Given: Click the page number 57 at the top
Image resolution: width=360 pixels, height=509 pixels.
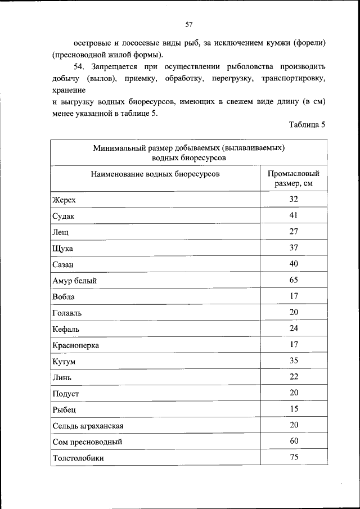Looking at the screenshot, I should pyautogui.click(x=189, y=24).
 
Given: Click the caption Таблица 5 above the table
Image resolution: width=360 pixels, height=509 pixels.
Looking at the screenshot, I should pyautogui.click(x=307, y=125).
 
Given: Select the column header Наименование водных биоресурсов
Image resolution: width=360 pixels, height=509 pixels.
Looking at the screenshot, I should pyautogui.click(x=155, y=174).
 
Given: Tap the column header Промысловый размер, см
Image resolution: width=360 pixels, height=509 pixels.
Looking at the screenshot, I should pyautogui.click(x=294, y=178).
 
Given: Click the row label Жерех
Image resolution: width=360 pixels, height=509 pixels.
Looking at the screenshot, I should pyautogui.click(x=64, y=200).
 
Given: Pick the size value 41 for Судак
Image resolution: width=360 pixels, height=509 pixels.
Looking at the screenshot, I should pyautogui.click(x=294, y=215).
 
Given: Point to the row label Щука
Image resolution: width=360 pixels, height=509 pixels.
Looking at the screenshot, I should pyautogui.click(x=62, y=248).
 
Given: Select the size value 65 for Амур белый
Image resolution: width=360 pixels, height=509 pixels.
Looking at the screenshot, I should pyautogui.click(x=294, y=280).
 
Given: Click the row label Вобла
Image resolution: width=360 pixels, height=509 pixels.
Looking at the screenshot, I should pyautogui.click(x=63, y=296).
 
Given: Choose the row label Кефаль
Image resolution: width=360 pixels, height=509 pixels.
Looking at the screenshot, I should pyautogui.click(x=66, y=328).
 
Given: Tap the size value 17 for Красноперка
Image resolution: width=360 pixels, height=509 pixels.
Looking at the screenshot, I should pyautogui.click(x=294, y=344).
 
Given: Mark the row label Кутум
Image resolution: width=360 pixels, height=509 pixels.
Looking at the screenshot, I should pyautogui.click(x=64, y=361).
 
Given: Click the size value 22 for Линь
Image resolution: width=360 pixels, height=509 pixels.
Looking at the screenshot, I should pyautogui.click(x=294, y=376).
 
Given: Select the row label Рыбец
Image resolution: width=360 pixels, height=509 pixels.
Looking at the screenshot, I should pyautogui.click(x=64, y=409).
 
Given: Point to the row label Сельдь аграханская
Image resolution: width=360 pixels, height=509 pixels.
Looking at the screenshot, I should pyautogui.click(x=88, y=425).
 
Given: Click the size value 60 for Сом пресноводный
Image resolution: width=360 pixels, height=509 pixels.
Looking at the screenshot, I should pyautogui.click(x=294, y=441).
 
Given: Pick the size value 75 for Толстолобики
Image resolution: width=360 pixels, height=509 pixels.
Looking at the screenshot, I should pyautogui.click(x=294, y=457).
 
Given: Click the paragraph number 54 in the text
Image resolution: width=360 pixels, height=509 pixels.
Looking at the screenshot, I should pyautogui.click(x=80, y=66).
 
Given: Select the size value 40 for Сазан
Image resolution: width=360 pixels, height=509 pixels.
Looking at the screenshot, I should pyautogui.click(x=294, y=263).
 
